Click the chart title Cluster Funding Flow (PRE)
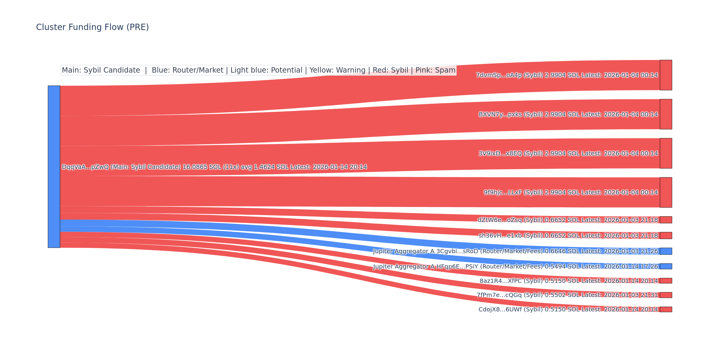pos(92,27)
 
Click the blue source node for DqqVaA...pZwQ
pos(54,166)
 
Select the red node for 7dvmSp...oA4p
pos(666,75)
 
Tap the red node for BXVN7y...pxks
pos(666,114)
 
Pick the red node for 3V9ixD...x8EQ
pos(666,153)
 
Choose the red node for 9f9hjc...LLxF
pos(666,192)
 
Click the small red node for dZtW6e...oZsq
pos(666,220)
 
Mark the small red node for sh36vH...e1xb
pos(666,235)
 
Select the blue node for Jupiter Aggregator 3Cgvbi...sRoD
pos(666,251)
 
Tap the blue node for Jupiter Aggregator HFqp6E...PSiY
pos(666,266)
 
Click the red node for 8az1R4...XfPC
pos(666,281)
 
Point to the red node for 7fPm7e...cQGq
pos(666,295)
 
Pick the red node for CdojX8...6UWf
pos(666,309)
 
